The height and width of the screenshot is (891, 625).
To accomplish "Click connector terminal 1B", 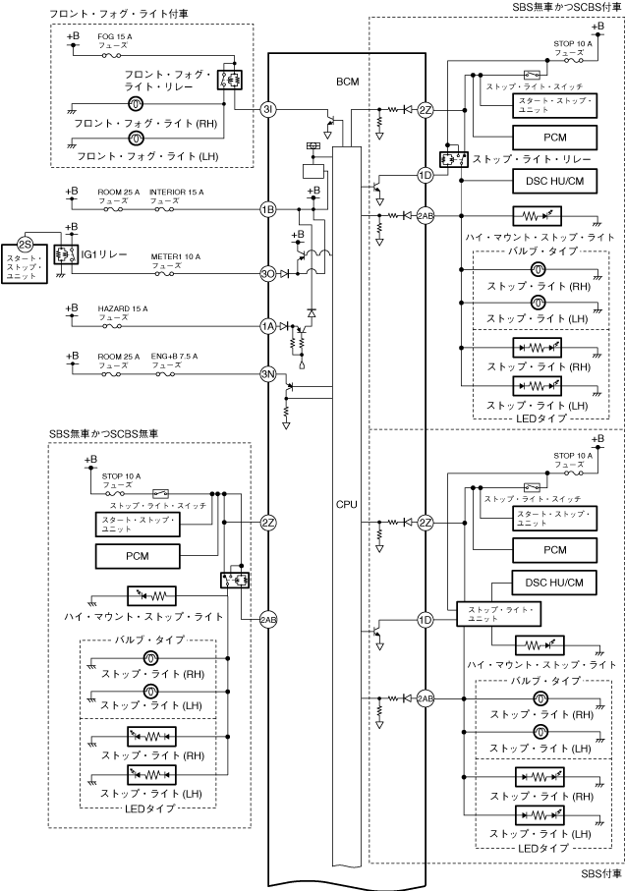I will tap(267, 209).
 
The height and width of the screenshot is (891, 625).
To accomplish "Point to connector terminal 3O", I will tap(267, 274).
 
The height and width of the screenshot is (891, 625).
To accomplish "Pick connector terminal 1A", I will tap(267, 326).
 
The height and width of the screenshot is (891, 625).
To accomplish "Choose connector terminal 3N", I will tap(267, 373).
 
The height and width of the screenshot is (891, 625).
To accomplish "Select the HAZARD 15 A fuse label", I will tap(123, 309).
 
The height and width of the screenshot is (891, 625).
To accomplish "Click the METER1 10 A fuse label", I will tap(175, 256).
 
